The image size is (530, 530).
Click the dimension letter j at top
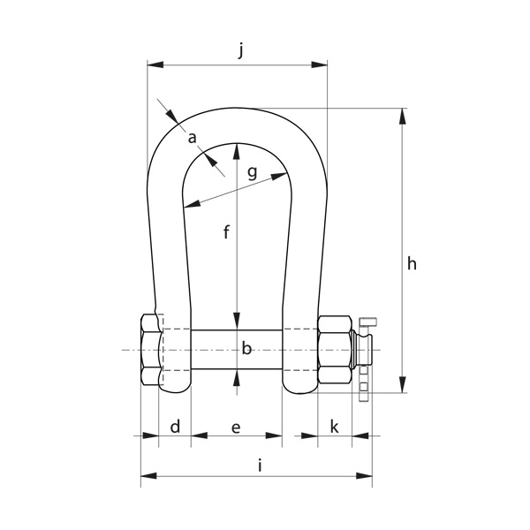(x=241, y=51)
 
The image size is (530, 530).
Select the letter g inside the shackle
(x=252, y=172)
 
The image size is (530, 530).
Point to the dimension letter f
(x=226, y=233)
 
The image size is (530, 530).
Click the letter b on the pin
(x=246, y=349)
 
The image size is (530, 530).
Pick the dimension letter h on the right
(x=412, y=263)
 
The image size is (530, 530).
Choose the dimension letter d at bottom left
(x=175, y=428)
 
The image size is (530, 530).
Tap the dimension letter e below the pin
(x=236, y=428)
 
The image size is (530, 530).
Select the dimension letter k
(x=334, y=428)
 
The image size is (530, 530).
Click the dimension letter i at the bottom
(x=260, y=466)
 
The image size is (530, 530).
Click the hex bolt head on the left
(x=150, y=349)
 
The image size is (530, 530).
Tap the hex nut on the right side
(x=336, y=349)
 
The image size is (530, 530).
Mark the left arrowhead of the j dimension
(x=153, y=64)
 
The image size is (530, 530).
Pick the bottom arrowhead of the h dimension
(x=404, y=386)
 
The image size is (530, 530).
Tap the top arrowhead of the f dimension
(x=236, y=149)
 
